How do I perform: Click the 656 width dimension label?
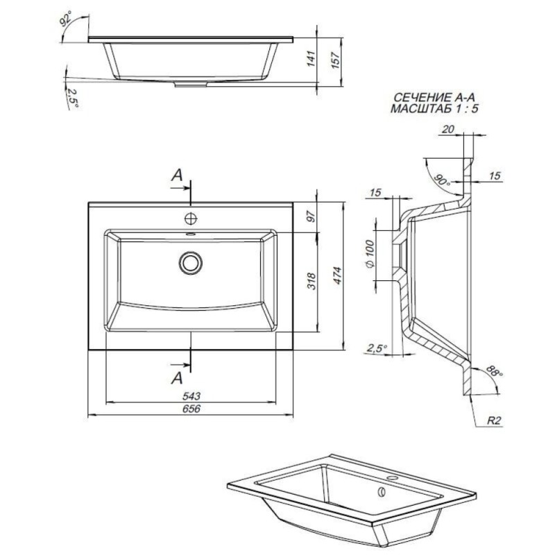(x=191, y=409)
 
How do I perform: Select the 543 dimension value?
(x=191, y=396)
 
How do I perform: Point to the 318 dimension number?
(x=311, y=281)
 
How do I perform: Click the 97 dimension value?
(x=311, y=216)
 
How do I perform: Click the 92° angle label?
(x=65, y=19)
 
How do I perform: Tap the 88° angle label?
(x=494, y=371)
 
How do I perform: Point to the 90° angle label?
(x=443, y=180)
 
